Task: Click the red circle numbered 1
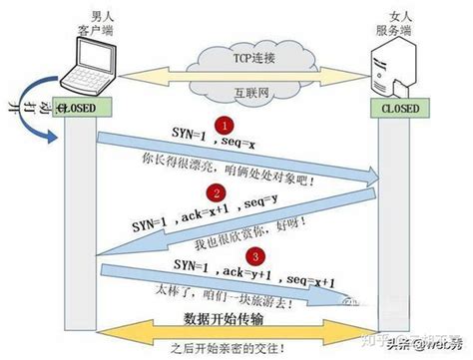pyautogui.click(x=227, y=127)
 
